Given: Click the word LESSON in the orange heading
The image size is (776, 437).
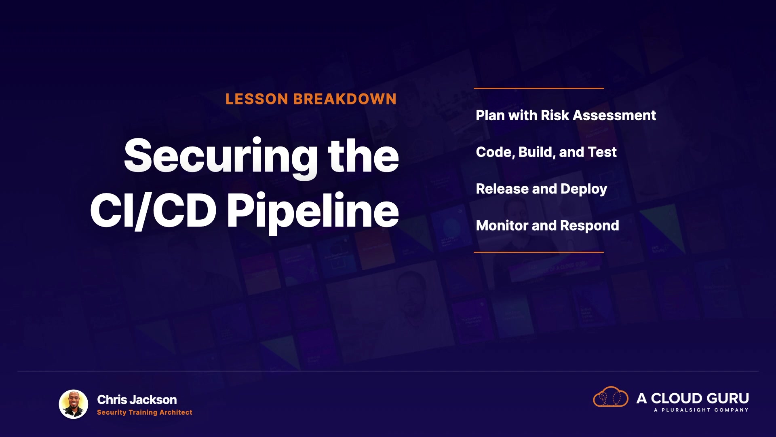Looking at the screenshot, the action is [x=257, y=99].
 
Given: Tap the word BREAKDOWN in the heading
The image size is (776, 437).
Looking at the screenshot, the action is [x=345, y=99].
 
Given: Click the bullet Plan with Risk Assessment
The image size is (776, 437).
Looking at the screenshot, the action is [x=566, y=115].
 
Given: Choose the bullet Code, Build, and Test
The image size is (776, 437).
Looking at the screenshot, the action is [x=546, y=152].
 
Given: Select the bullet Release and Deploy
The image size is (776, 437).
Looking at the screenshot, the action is [x=542, y=189].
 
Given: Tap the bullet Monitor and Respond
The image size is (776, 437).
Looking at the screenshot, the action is [x=547, y=226].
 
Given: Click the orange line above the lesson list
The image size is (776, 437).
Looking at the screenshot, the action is [x=538, y=88].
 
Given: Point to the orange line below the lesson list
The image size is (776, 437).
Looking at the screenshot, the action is [x=538, y=252].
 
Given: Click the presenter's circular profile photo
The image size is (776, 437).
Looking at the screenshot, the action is [x=74, y=404].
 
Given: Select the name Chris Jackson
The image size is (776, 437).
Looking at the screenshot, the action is [x=137, y=400].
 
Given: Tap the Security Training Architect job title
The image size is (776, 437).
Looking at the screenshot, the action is [x=145, y=412].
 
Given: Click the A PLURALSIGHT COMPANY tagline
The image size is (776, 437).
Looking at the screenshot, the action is [x=701, y=410].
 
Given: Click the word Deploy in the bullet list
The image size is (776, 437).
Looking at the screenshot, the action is [x=584, y=189].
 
